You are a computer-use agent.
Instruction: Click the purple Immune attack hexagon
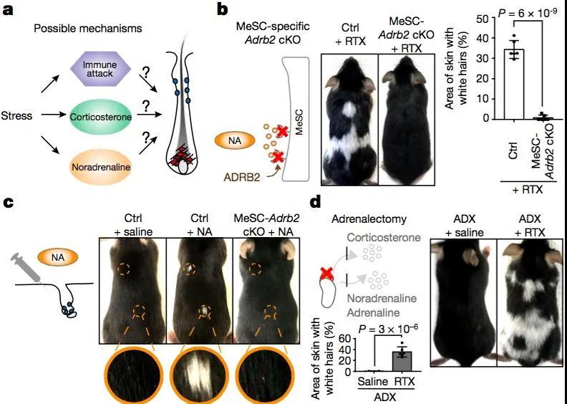coord(100,68)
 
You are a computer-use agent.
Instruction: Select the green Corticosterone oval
coord(101,117)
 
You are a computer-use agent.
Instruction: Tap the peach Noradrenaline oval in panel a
coord(101,167)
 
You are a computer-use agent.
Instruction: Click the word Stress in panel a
coord(16,116)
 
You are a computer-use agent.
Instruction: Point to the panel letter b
coord(222,10)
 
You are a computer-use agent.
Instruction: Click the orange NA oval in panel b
coord(235,140)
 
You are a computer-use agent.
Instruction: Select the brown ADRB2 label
coord(241,177)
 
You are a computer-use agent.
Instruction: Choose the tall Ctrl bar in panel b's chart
coord(514,84)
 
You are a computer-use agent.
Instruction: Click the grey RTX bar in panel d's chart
coord(402,361)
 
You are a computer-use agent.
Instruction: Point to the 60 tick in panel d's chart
coord(344,339)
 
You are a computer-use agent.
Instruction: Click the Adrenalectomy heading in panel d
coord(369,218)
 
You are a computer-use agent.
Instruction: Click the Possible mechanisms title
coord(88,28)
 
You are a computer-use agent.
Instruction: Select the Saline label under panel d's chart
coord(372,381)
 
